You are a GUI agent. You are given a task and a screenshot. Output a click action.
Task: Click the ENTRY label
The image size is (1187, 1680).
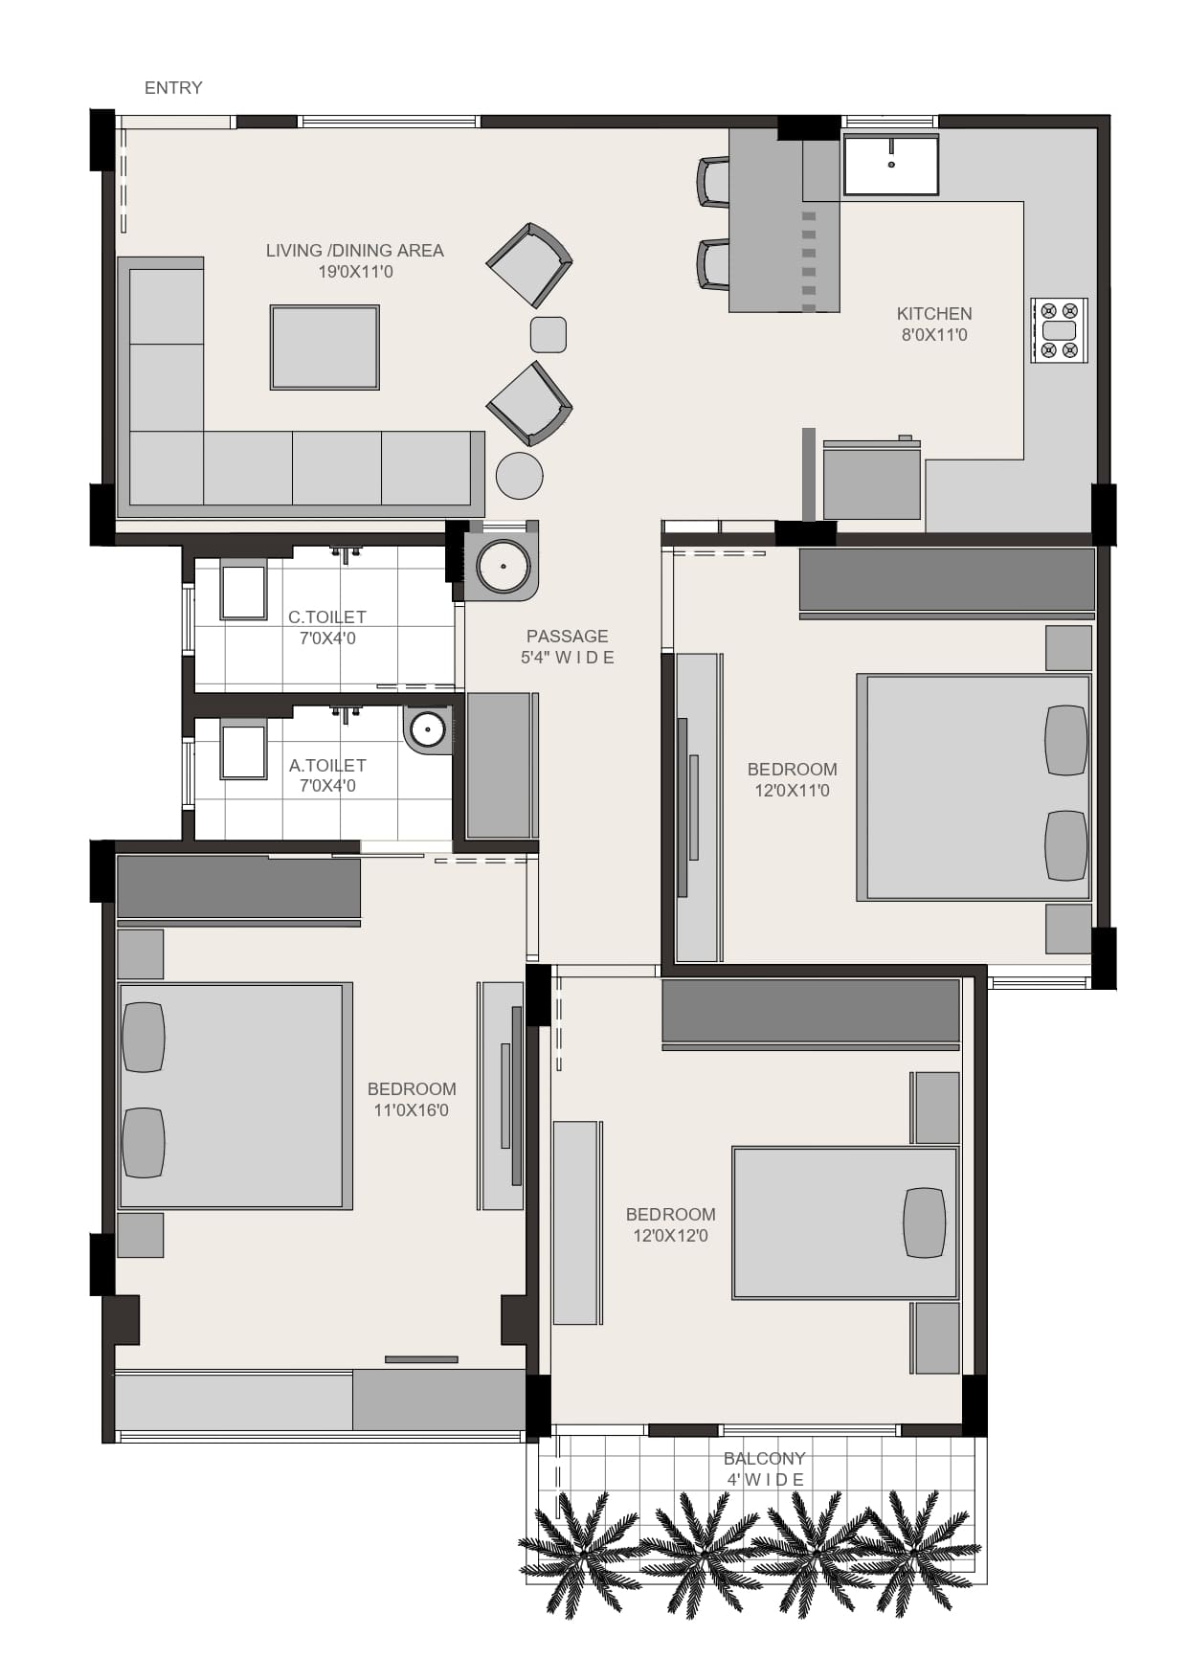click(x=173, y=88)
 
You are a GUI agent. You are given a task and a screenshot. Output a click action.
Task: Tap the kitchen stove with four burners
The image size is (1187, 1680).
click(x=1060, y=329)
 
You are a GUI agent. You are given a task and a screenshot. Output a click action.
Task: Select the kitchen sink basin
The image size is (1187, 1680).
click(x=890, y=164)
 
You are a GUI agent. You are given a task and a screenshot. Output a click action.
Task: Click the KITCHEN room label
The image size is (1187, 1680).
click(x=934, y=324)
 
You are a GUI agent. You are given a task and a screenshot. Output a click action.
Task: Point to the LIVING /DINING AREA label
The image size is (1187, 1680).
click(x=355, y=260)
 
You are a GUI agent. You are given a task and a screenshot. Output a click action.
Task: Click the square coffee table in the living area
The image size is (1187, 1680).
click(x=325, y=347)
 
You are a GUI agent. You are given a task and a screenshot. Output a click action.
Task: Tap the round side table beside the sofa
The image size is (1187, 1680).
click(x=520, y=476)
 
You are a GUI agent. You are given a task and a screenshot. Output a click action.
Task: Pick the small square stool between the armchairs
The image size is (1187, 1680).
click(x=549, y=335)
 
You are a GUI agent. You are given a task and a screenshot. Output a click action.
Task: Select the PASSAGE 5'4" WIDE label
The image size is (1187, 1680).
click(x=568, y=646)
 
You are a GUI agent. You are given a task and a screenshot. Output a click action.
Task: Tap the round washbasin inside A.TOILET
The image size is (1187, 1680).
click(x=427, y=730)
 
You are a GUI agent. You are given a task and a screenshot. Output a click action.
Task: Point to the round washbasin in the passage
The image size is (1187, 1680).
click(x=504, y=567)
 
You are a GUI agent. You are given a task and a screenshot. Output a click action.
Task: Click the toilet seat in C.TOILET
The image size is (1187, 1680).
click(x=244, y=592)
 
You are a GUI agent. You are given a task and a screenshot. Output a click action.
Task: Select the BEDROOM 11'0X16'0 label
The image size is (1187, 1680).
click(x=412, y=1099)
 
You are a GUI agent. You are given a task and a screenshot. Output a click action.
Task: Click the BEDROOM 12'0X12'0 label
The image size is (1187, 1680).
click(x=671, y=1224)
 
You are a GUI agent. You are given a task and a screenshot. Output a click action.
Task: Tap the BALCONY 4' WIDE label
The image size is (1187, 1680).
click(x=765, y=1468)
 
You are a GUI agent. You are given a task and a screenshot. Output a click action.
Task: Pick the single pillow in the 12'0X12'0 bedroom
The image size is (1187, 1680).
click(x=925, y=1222)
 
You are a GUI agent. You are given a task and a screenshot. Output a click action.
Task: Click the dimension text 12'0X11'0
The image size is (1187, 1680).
click(x=793, y=791)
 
